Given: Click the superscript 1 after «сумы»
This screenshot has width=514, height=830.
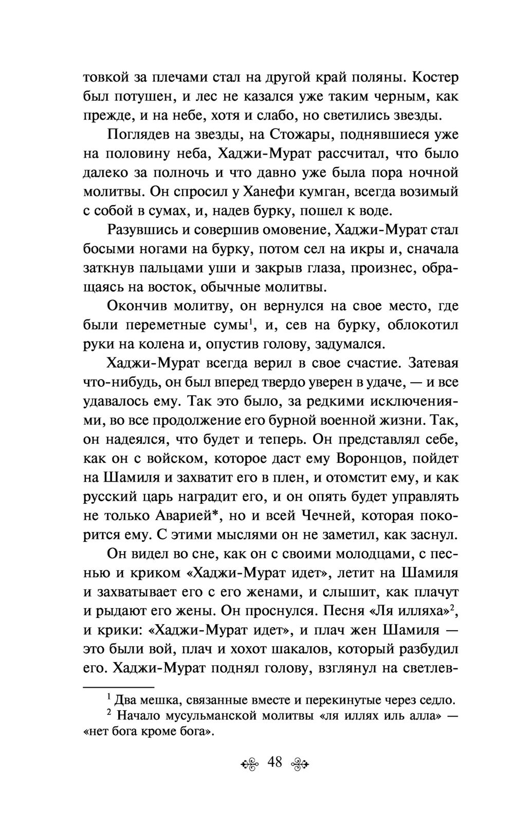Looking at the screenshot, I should click(249, 322).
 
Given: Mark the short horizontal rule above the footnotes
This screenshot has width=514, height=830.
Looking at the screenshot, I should click(118, 687).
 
